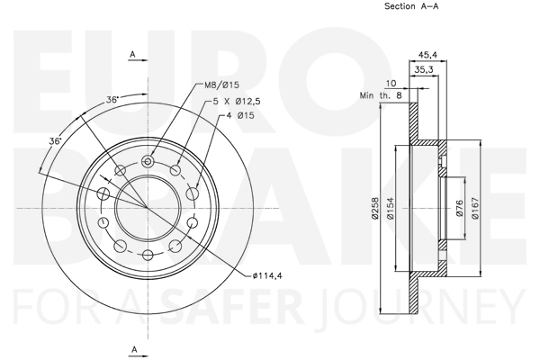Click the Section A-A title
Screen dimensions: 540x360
click(411, 6)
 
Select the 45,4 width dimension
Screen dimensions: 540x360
click(427, 54)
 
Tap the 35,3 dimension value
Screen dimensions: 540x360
click(424, 69)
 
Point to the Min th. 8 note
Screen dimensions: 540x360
click(381, 95)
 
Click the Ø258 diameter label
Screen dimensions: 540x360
click(375, 208)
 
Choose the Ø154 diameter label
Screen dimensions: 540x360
click(391, 208)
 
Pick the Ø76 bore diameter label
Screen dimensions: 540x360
click(460, 208)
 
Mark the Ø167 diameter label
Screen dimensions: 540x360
click(475, 208)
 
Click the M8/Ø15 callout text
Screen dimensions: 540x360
click(221, 85)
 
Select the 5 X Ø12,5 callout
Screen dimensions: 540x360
click(237, 102)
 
